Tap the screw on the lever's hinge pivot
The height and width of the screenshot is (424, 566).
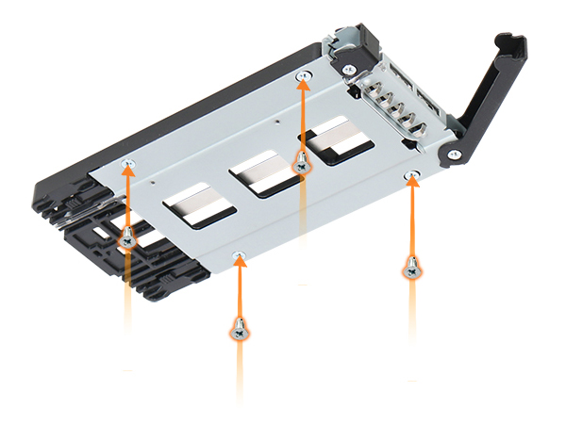click(x=454, y=155)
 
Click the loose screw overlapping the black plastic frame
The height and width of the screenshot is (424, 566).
click(x=127, y=237)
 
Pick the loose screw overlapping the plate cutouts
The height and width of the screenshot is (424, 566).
click(x=302, y=162)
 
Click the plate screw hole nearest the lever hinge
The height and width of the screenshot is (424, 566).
click(x=411, y=175)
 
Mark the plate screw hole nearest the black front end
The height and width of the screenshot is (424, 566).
click(x=129, y=165)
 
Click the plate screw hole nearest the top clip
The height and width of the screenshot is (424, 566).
click(x=302, y=75)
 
